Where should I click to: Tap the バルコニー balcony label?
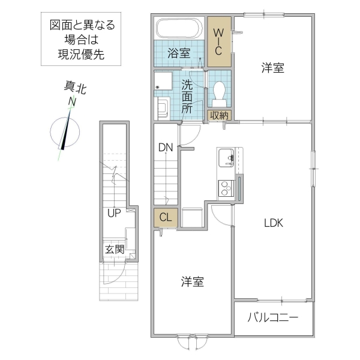pyautogui.click(x=273, y=317)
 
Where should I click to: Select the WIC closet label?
pyautogui.click(x=219, y=41)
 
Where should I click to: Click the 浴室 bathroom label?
pyautogui.click(x=178, y=53)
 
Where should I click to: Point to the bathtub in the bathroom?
pyautogui.click(x=179, y=28)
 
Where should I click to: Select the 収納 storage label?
pyautogui.click(x=219, y=115)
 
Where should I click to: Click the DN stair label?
pyautogui.click(x=166, y=148)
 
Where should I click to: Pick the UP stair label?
pyautogui.click(x=115, y=212)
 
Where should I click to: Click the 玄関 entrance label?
pyautogui.click(x=115, y=249)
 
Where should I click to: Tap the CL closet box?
pyautogui.click(x=165, y=218)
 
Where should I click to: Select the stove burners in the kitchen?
pyautogui.click(x=226, y=188)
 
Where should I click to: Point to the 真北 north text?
pyautogui.click(x=75, y=88)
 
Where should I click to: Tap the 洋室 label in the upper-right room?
pyautogui.click(x=273, y=68)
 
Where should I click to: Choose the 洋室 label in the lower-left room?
pyautogui.click(x=192, y=281)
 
